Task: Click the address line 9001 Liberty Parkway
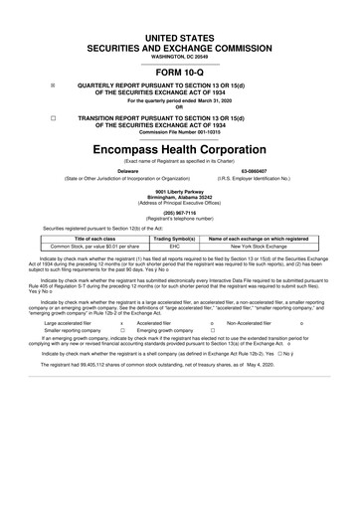(x=180, y=189)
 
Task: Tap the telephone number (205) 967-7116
(x=180, y=212)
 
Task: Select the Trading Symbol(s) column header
(x=173, y=240)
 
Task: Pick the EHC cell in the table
(x=173, y=248)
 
